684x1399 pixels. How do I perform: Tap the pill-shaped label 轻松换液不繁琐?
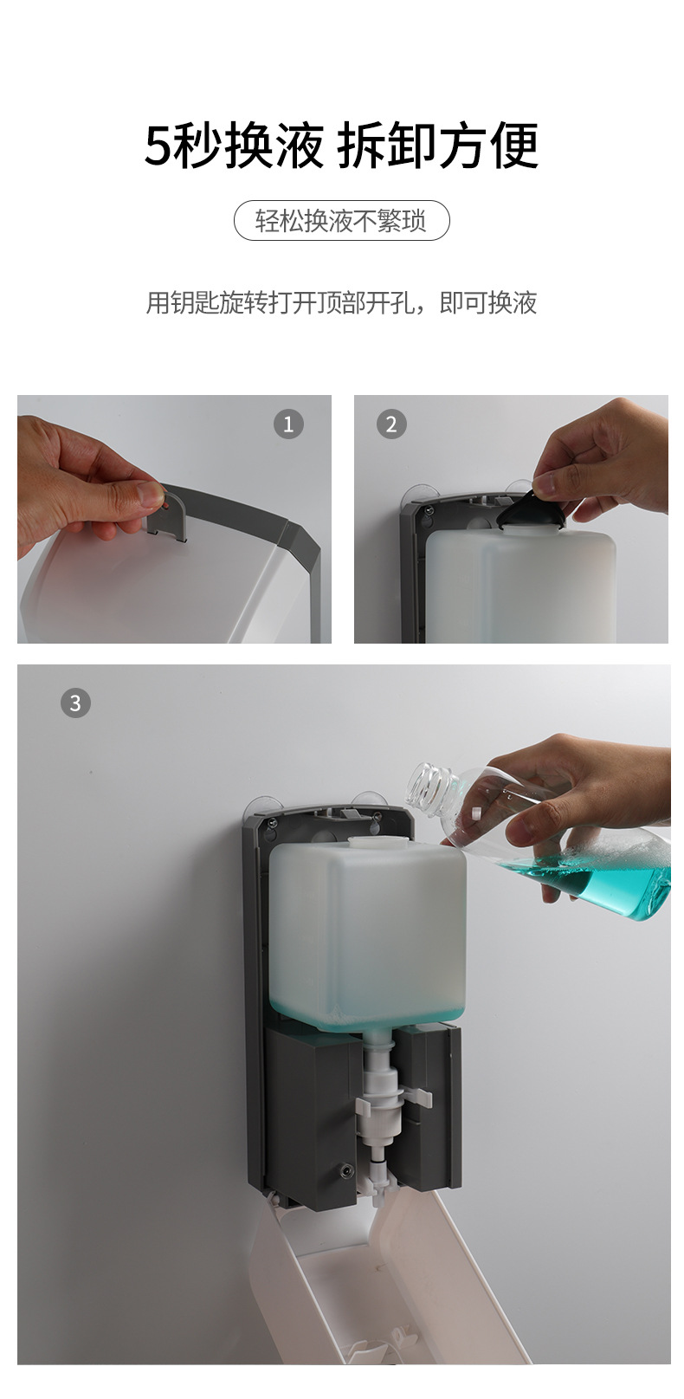[341, 221]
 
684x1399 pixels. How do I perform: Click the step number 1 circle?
[288, 424]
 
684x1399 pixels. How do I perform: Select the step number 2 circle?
[391, 424]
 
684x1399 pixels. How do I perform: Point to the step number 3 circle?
[75, 703]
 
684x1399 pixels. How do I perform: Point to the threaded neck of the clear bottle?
[431, 786]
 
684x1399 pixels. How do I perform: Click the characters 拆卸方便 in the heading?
[437, 145]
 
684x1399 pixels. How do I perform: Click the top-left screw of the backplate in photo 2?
[428, 509]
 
